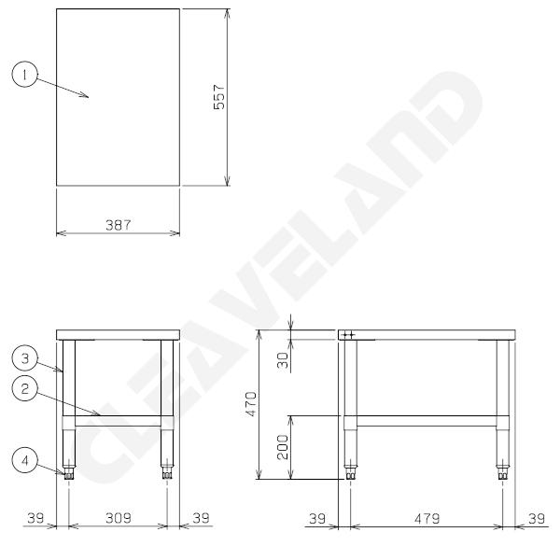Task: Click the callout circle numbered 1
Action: click(24, 73)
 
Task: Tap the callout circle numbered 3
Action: click(24, 356)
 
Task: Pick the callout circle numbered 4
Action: click(24, 459)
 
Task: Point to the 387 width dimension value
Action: click(118, 225)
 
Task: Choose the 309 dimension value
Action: click(117, 516)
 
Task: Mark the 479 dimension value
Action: click(427, 516)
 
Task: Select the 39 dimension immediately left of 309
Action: click(35, 516)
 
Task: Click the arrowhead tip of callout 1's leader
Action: click(87, 94)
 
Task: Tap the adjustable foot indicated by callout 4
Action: click(68, 473)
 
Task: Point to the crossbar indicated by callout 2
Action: click(117, 415)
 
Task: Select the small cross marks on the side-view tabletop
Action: click(347, 333)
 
